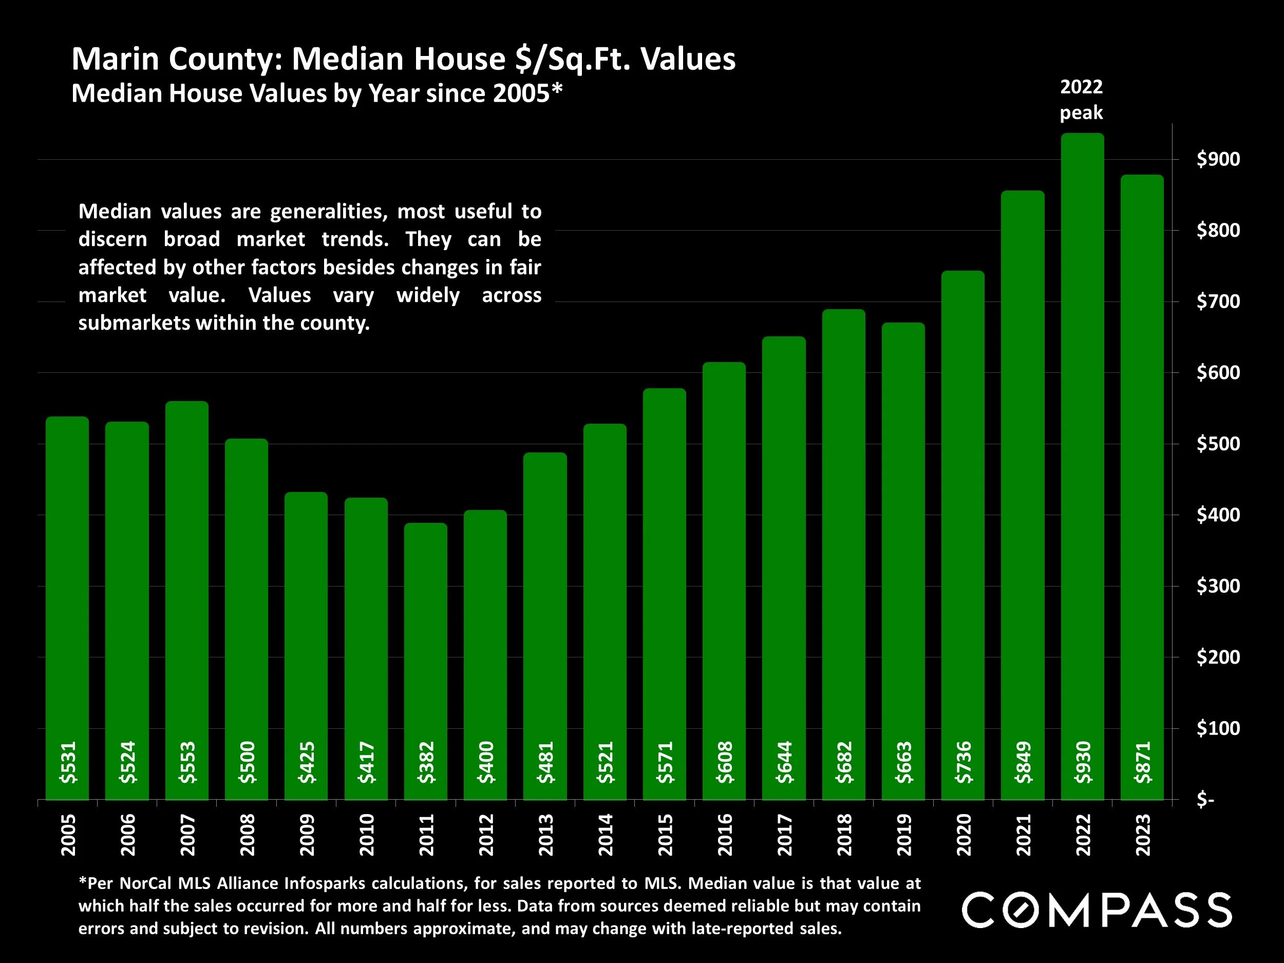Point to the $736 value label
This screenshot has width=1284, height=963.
[964, 762]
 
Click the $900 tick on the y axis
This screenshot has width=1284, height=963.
[1218, 159]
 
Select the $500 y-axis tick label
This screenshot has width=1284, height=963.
[1218, 444]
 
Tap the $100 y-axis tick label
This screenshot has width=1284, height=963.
[1218, 728]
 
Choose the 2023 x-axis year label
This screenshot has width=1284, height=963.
[1143, 835]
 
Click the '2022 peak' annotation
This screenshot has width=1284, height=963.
[1081, 99]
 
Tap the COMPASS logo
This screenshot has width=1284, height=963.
[1097, 910]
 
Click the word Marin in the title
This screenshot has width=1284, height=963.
[116, 59]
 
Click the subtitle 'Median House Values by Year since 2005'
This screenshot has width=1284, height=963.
[317, 93]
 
